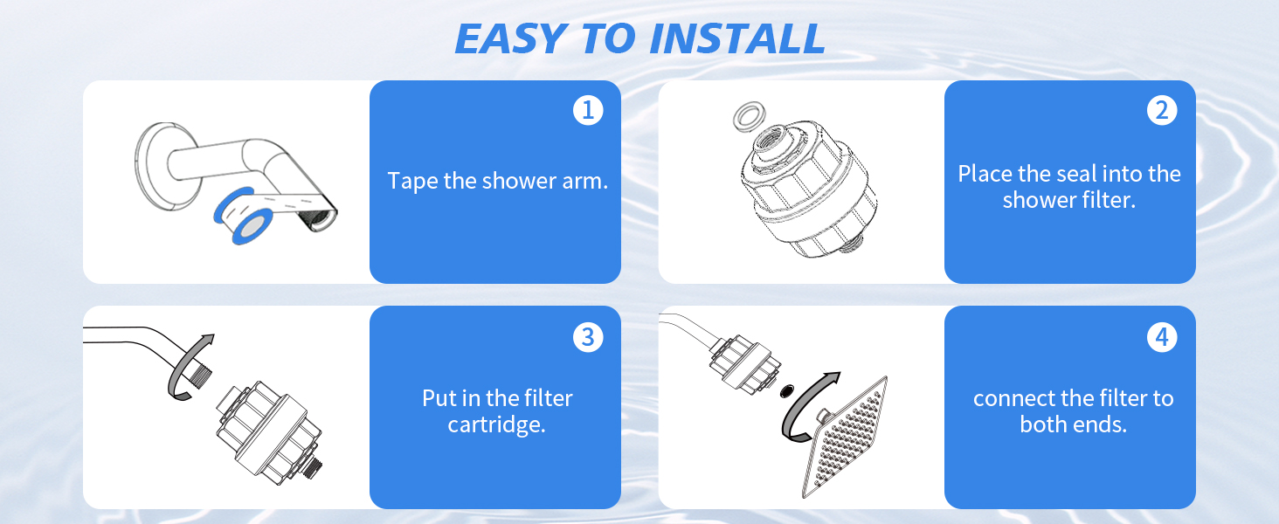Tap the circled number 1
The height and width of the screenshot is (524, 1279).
coord(588,110)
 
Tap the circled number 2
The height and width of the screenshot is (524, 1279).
coord(1161,110)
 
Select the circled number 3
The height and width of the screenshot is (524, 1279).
coord(588,336)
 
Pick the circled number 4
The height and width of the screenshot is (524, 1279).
coord(1161,336)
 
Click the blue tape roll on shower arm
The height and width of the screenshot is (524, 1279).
coord(240,216)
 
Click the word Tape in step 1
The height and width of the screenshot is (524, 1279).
coord(408,182)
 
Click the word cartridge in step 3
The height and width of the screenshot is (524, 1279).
coord(496,425)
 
